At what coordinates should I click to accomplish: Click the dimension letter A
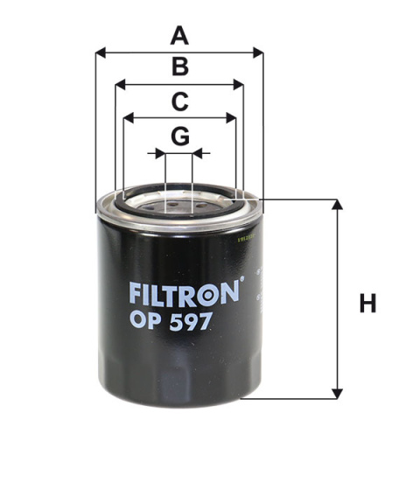(x=179, y=37)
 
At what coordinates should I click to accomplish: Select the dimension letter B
(x=179, y=67)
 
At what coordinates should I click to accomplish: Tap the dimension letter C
(x=179, y=101)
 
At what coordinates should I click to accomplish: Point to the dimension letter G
(x=179, y=136)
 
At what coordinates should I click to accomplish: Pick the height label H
(x=367, y=304)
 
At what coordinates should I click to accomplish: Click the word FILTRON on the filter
(x=183, y=290)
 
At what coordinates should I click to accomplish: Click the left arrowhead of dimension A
(x=100, y=53)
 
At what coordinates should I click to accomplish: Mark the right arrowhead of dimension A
(x=258, y=53)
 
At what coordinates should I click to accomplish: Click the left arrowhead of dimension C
(x=128, y=118)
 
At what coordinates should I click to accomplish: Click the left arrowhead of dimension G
(x=160, y=153)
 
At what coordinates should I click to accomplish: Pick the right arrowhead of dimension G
(x=197, y=153)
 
